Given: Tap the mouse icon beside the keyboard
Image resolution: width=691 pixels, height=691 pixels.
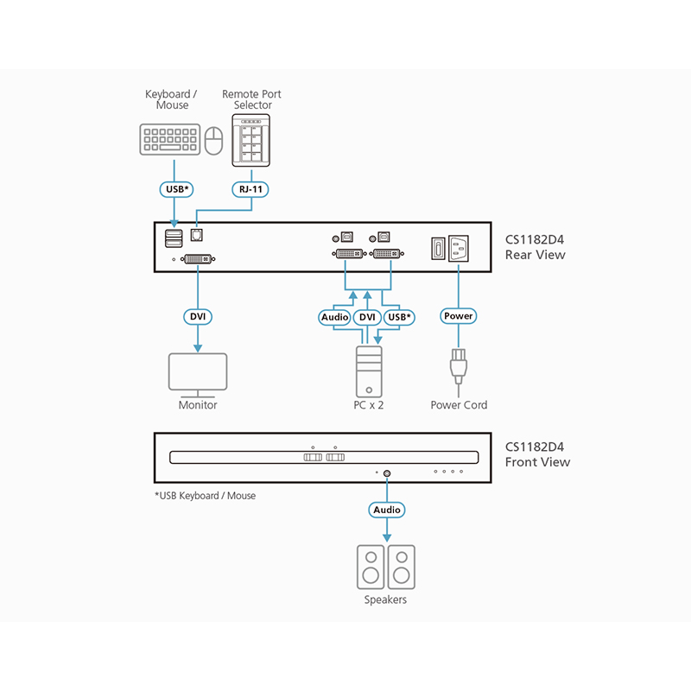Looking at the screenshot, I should tap(215, 140).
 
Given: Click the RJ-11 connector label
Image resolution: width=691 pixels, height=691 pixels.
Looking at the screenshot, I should tap(251, 187).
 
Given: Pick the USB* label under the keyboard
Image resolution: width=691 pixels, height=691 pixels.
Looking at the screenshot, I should tap(175, 187).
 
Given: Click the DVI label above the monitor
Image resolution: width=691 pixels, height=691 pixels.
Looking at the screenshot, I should tap(198, 316).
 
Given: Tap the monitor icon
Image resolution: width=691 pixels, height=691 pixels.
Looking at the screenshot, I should tap(198, 372).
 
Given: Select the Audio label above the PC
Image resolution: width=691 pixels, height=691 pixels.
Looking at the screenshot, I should tap(335, 317).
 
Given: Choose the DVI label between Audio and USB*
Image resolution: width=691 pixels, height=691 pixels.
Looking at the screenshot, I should tap(367, 317).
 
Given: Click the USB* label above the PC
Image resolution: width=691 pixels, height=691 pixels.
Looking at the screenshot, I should tap(398, 317).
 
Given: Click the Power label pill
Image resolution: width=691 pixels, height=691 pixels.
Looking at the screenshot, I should tap(458, 316).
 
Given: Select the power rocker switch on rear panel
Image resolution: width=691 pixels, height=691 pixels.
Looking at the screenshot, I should tap(436, 249).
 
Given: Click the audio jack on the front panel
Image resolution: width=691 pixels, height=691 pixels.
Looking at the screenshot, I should tap(386, 472).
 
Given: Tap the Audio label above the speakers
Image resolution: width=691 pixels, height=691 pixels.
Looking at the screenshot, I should tap(387, 510).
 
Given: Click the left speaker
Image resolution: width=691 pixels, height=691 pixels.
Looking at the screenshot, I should tap(371, 567).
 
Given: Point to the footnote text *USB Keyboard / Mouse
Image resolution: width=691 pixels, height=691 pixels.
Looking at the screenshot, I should tap(205, 496).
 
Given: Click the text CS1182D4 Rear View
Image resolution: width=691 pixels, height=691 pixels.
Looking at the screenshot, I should tap(535, 247).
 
